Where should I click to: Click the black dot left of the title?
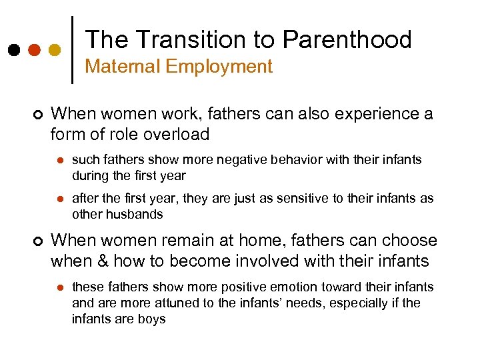coord(13,50)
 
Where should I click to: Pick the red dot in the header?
coord(34,50)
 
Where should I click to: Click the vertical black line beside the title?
coord(72,49)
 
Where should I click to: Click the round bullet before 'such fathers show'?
coord(59,161)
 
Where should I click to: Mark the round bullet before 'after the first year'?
coord(59,199)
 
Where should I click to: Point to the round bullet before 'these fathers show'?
coord(59,287)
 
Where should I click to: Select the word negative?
coord(229,160)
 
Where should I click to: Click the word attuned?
coord(171,303)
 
